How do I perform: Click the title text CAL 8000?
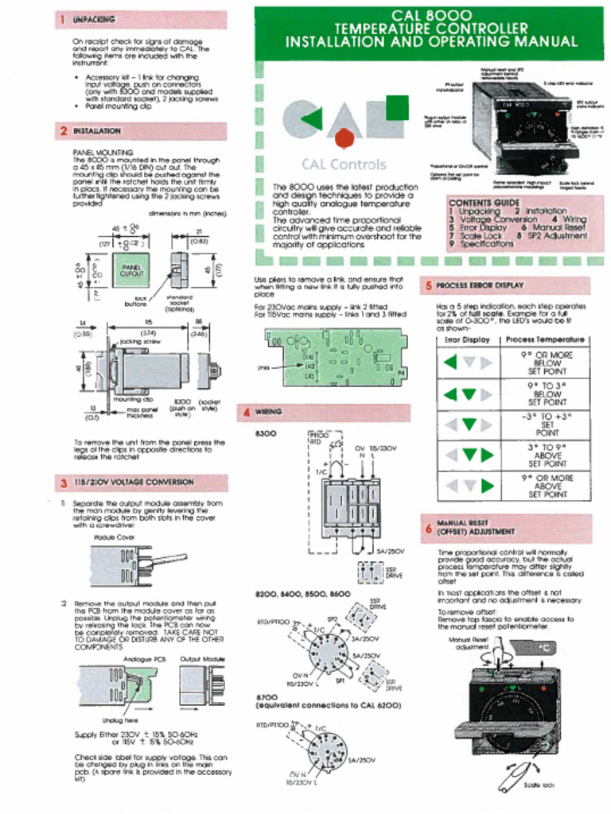(x=431, y=16)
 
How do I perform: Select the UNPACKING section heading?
(x=94, y=18)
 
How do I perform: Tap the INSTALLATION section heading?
(x=97, y=130)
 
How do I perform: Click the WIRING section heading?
(x=268, y=412)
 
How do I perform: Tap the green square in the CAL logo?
(x=395, y=106)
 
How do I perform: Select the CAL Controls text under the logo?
(x=343, y=165)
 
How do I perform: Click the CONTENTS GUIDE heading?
(x=484, y=203)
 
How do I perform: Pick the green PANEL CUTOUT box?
(x=132, y=271)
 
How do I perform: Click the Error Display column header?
(x=467, y=339)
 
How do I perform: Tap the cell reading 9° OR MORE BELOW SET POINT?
(x=547, y=363)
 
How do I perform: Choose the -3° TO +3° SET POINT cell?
(x=547, y=424)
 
